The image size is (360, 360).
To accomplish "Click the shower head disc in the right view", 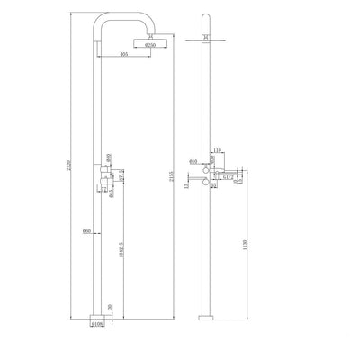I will pyautogui.click(x=206, y=39).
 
